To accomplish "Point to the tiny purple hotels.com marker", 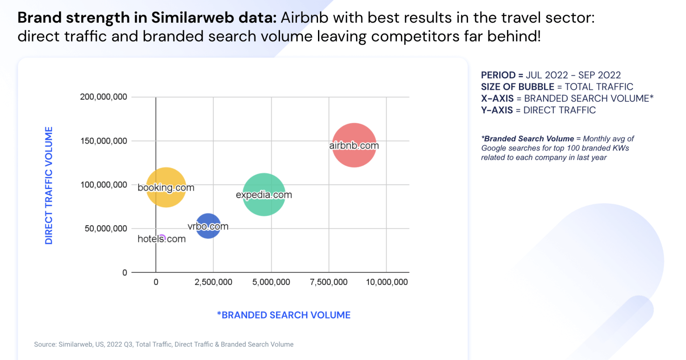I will (163, 237).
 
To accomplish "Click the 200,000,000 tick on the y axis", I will (104, 97).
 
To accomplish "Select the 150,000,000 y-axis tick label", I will (104, 141).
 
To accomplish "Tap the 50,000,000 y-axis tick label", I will (106, 229).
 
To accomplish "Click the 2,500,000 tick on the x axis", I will (213, 282).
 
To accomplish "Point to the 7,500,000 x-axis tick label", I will (329, 282).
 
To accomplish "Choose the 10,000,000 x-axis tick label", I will (387, 282).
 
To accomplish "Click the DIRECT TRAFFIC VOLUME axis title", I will (49, 185).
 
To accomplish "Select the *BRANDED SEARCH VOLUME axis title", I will (284, 315).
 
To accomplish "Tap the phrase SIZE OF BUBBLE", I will (517, 87).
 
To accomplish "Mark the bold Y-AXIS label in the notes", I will (497, 110).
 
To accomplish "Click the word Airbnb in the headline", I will (305, 18).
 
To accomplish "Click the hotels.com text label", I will (162, 239).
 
